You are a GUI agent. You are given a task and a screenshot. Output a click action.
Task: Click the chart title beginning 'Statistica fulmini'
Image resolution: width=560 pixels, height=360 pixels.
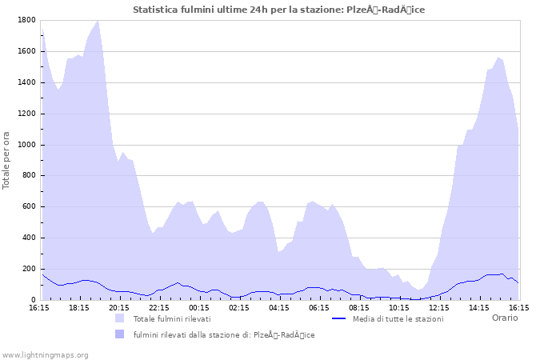click(x=279, y=10)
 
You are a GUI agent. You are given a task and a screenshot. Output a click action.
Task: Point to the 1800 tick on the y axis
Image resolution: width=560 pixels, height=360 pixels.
click(x=26, y=20)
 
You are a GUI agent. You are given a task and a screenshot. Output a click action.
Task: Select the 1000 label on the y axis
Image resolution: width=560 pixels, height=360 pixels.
click(x=26, y=145)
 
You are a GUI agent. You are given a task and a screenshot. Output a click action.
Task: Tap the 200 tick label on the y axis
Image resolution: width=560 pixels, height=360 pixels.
click(x=29, y=269)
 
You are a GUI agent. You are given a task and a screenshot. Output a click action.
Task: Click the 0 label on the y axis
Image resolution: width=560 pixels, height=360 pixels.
click(x=33, y=300)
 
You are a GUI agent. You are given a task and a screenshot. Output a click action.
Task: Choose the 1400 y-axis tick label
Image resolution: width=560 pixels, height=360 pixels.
click(x=26, y=82)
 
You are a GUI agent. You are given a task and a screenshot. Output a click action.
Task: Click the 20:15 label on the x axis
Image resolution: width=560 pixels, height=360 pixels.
click(x=119, y=307)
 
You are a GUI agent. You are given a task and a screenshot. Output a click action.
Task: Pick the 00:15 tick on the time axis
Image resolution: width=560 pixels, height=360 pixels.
click(x=199, y=307)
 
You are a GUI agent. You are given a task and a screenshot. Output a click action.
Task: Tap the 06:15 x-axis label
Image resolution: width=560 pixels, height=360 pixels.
click(x=319, y=307)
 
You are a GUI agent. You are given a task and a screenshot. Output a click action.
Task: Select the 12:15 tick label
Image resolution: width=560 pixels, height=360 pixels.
click(x=439, y=307)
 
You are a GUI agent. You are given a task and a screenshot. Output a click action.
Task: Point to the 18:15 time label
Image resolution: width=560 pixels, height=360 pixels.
click(x=79, y=307)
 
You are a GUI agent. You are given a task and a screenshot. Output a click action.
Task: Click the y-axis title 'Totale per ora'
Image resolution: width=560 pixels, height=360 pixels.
click(x=7, y=160)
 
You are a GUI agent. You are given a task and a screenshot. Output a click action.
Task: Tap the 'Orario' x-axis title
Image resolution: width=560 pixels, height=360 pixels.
click(x=505, y=318)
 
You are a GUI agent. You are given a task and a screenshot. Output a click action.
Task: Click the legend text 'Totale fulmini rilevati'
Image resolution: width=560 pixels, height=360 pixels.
click(x=172, y=319)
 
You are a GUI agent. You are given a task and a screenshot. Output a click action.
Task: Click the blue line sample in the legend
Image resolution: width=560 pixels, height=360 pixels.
click(x=338, y=318)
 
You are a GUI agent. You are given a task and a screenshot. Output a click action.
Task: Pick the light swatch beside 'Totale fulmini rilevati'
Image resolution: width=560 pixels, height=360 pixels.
click(x=120, y=318)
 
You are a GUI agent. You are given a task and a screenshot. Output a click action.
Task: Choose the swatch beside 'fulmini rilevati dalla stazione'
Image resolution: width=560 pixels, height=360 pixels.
click(x=120, y=334)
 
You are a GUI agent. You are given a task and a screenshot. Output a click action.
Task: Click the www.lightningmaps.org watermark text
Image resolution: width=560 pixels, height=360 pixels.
click(x=45, y=354)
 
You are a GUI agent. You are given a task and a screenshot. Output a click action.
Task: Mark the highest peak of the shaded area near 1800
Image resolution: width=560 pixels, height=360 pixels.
click(x=98, y=21)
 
